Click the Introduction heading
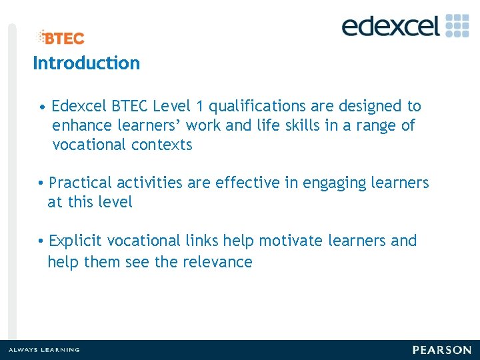pos(86,63)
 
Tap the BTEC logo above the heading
pos(61,38)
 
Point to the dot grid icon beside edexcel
pos(457,25)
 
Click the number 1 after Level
pos(199,106)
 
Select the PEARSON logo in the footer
pos(441,350)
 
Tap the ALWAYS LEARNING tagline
pos(44,350)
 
